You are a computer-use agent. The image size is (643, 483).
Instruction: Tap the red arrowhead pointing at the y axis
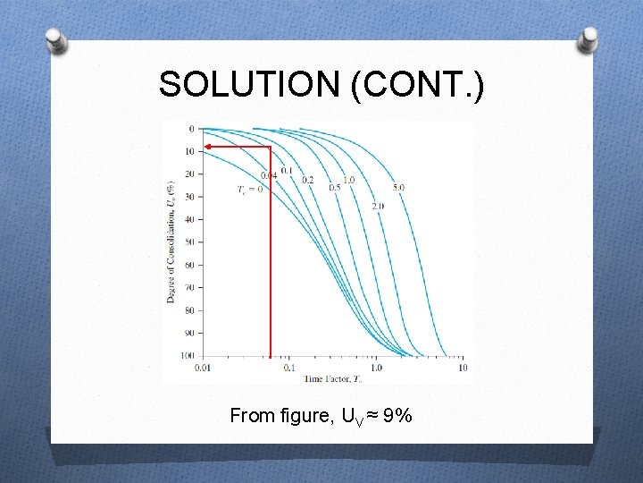coord(208,146)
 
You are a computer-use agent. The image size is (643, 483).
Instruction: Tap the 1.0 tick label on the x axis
coord(376,368)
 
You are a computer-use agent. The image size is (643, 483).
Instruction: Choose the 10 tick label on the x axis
coord(463,368)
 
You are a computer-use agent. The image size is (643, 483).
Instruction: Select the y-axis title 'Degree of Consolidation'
coord(170,241)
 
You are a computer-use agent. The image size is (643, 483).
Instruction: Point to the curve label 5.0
coord(398,188)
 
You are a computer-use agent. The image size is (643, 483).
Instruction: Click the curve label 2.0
coord(378,206)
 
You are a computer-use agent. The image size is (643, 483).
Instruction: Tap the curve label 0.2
coord(308,180)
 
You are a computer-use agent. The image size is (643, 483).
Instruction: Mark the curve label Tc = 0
coord(250,190)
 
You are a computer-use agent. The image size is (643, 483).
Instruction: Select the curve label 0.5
coord(335,188)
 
